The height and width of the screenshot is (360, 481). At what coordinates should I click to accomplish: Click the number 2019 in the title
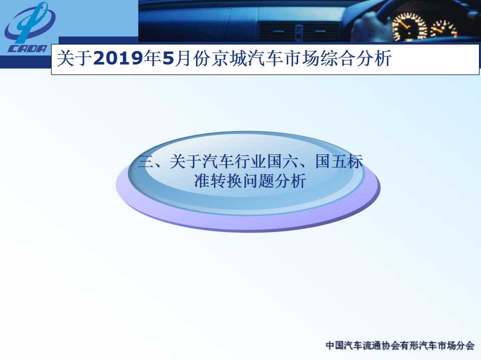(118, 58)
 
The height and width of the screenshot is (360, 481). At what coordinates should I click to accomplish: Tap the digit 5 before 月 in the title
(168, 58)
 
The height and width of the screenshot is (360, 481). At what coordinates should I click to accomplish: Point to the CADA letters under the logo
(27, 48)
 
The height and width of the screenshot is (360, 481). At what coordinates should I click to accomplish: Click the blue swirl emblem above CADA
(30, 22)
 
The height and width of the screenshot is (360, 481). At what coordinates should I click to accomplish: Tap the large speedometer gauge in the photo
(409, 27)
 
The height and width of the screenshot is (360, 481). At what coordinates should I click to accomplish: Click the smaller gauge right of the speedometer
(443, 29)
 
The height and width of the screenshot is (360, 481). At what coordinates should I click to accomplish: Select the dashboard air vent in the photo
(299, 31)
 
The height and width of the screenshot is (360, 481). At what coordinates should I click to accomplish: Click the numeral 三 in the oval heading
(146, 161)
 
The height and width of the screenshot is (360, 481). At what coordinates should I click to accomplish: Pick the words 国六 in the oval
(283, 161)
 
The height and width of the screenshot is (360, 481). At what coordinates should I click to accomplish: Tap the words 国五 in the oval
(331, 161)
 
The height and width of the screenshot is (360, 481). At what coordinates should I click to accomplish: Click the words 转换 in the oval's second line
(226, 180)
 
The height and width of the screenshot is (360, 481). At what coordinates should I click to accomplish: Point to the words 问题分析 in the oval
(275, 180)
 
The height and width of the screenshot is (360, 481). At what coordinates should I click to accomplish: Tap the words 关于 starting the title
(75, 58)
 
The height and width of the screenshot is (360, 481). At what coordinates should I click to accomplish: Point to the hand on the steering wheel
(368, 26)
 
